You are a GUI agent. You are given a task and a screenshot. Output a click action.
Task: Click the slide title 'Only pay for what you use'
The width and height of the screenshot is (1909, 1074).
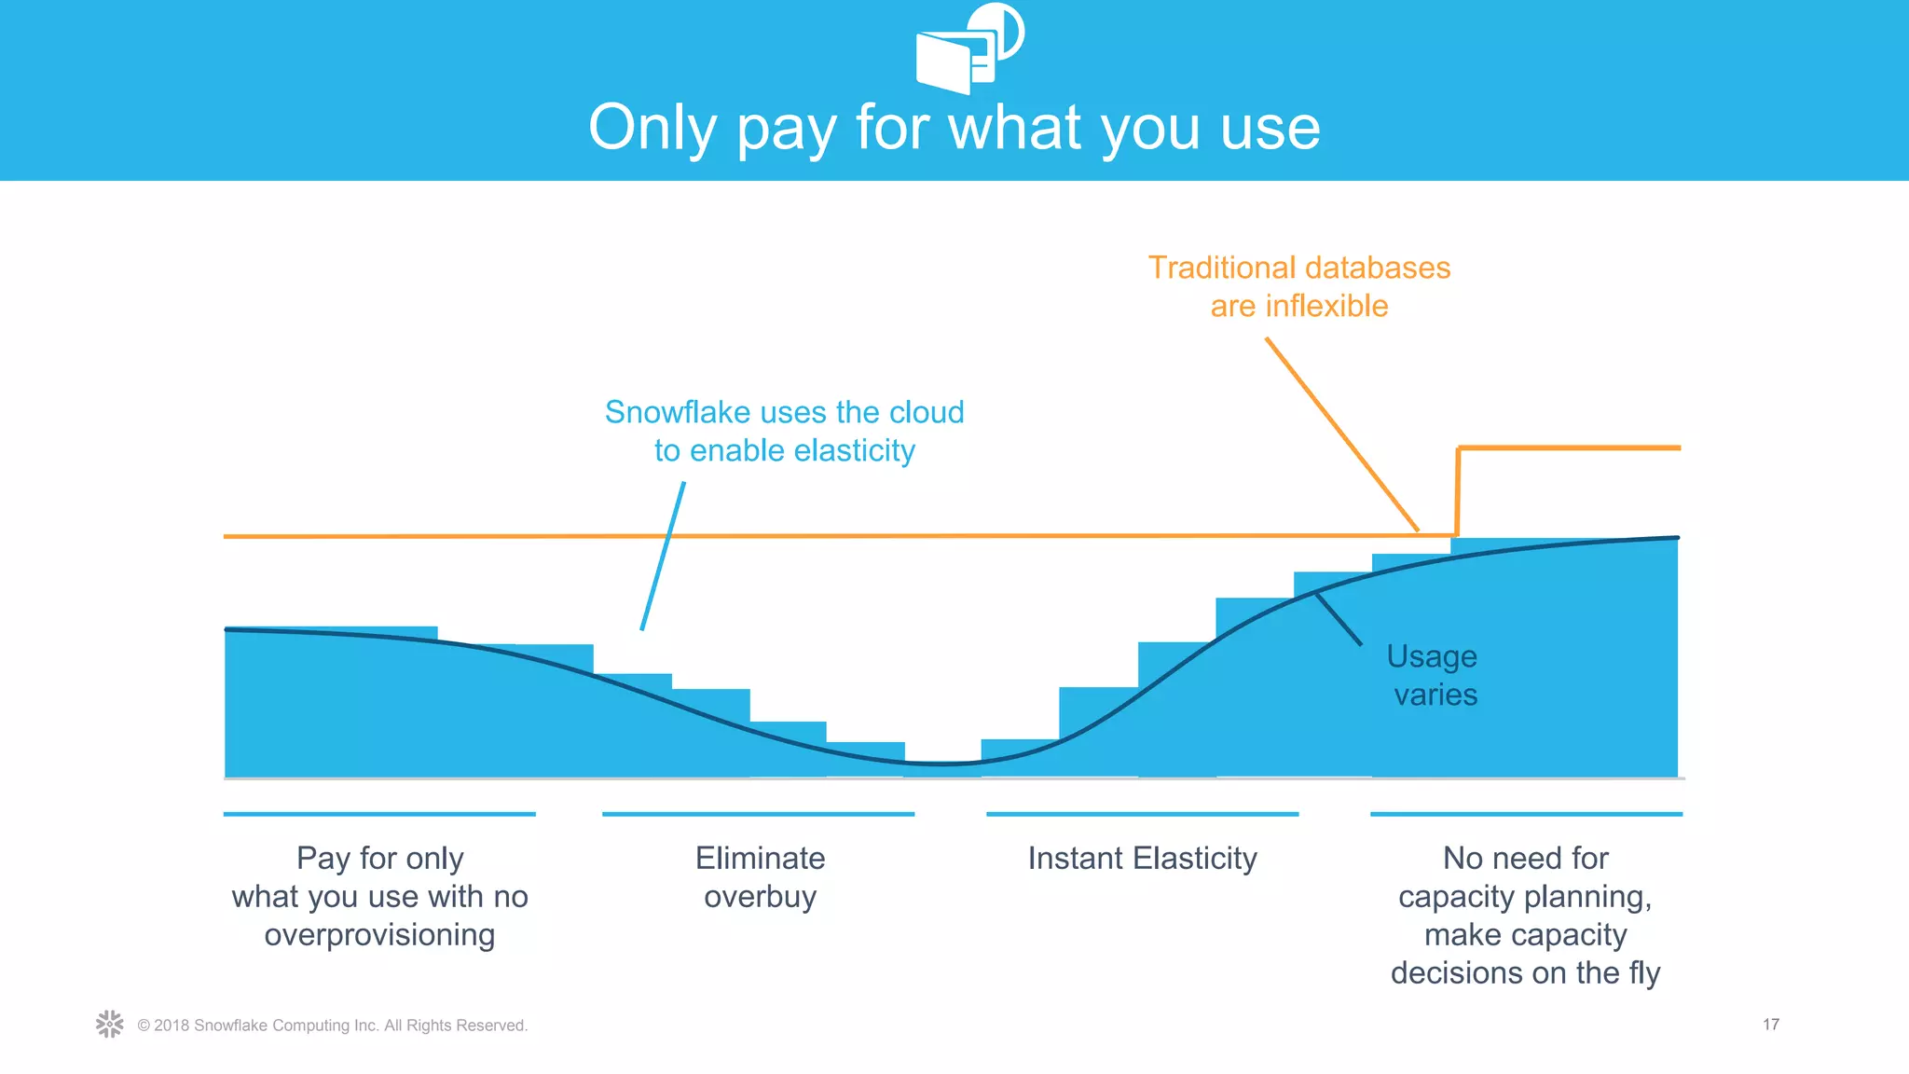pyautogui.click(x=954, y=128)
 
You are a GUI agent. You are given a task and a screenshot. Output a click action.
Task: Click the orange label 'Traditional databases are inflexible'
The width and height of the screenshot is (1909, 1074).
pyautogui.click(x=1298, y=286)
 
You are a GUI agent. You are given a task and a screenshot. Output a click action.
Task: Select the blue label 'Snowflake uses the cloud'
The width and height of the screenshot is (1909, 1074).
pyautogui.click(x=784, y=412)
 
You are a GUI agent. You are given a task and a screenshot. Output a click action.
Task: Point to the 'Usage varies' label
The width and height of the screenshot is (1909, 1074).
pyautogui.click(x=1433, y=675)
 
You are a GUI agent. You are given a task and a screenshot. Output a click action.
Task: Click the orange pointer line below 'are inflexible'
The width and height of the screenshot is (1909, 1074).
pyautogui.click(x=1342, y=434)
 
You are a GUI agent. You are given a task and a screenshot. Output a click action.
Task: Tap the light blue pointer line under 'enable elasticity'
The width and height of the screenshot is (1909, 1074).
pyautogui.click(x=664, y=556)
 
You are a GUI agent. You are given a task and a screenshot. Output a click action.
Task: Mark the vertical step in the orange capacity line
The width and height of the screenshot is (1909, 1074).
pyautogui.click(x=1458, y=491)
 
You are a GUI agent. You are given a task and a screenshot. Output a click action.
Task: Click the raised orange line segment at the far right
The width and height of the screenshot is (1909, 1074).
pyautogui.click(x=1570, y=448)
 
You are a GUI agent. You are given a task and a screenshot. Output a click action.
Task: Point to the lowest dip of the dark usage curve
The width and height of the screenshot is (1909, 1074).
pyautogui.click(x=943, y=764)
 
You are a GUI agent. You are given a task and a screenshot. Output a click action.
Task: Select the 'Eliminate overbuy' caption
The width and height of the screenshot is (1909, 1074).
pyautogui.click(x=760, y=876)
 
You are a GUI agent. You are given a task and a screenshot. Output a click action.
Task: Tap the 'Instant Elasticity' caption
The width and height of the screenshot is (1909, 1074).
pyautogui.click(x=1142, y=858)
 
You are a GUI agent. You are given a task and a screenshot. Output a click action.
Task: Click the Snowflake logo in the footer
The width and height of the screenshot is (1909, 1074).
pyautogui.click(x=109, y=1024)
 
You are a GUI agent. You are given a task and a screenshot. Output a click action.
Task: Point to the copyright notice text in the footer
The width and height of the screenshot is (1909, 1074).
pyautogui.click(x=332, y=1026)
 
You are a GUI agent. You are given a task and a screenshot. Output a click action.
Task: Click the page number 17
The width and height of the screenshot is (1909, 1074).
pyautogui.click(x=1770, y=1025)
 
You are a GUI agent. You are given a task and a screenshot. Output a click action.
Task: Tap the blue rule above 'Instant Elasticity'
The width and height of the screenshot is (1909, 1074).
pyautogui.click(x=1142, y=814)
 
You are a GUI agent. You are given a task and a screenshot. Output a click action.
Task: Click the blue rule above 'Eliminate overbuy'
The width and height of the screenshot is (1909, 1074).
pyautogui.click(x=758, y=814)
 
